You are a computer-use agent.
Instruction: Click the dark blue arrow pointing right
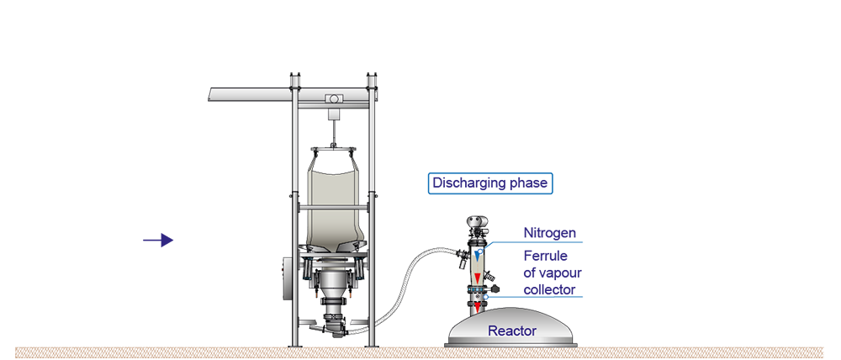[x=158, y=241]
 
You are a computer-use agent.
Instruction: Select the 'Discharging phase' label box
[x=490, y=183]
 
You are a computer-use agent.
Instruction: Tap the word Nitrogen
[x=550, y=233]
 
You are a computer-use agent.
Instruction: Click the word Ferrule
[x=546, y=256]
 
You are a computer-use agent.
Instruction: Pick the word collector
[x=550, y=289]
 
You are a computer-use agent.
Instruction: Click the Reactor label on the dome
[x=511, y=331]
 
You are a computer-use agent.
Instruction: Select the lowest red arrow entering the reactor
[x=477, y=306]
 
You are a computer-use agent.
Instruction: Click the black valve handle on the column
[x=495, y=289]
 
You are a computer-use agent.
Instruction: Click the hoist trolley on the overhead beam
[x=333, y=98]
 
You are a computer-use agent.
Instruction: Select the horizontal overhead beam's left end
[x=209, y=94]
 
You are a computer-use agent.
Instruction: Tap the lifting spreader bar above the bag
[x=333, y=149]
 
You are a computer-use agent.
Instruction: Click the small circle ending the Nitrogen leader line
[x=480, y=251]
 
